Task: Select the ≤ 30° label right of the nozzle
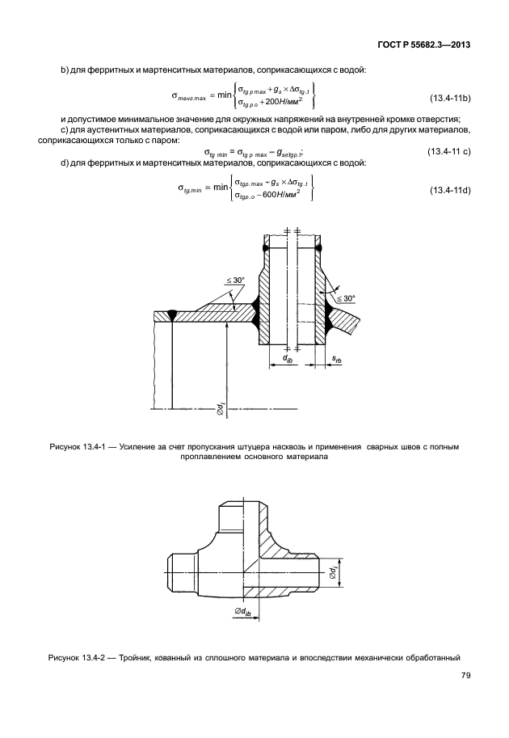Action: tap(347, 298)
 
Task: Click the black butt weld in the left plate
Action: tap(174, 315)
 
